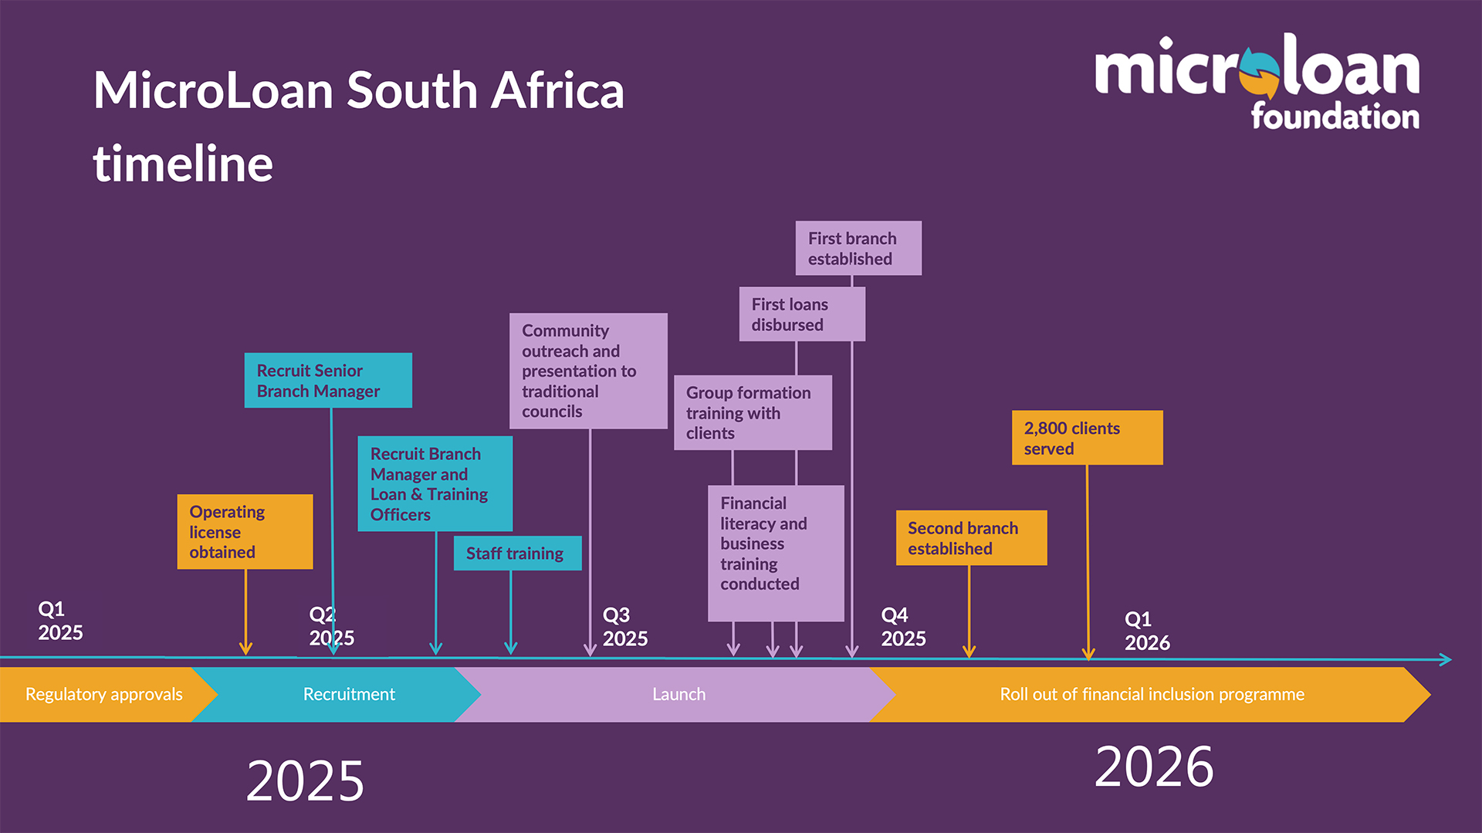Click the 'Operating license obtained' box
(245, 532)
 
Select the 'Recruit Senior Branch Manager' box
(328, 381)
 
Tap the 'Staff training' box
(517, 554)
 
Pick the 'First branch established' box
(858, 249)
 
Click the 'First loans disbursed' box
(802, 314)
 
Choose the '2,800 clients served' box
(1087, 438)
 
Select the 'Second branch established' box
(971, 538)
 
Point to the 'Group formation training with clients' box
(753, 413)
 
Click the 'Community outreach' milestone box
(588, 371)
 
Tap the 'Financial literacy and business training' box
(776, 553)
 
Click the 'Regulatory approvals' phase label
(104, 694)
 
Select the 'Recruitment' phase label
(349, 694)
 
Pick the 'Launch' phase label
(678, 694)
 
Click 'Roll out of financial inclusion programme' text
(1152, 694)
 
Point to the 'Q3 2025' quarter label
(624, 627)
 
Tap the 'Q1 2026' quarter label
(1147, 631)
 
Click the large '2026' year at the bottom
(1154, 767)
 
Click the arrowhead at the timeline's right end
(1445, 659)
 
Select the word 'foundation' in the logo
(1335, 117)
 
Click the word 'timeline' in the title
(183, 164)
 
